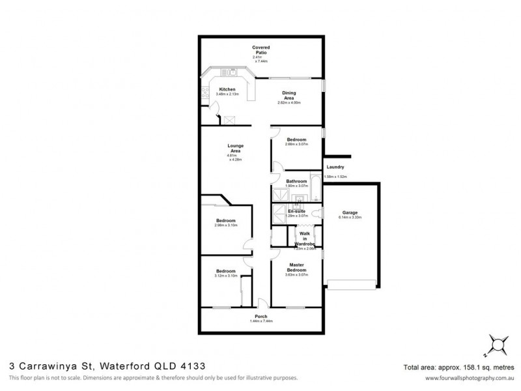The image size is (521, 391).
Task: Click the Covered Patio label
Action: point(261,50)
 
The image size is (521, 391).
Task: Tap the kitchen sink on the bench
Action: point(231,72)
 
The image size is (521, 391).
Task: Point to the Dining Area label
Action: point(289,95)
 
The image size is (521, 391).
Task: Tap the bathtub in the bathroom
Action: point(316,188)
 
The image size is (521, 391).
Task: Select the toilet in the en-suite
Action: point(316,214)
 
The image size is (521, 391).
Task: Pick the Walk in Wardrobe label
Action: point(305,239)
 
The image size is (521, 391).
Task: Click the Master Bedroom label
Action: point(296,268)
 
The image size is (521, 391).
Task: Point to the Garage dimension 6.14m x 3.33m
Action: point(349,217)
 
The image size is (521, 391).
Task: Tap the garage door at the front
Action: point(352,282)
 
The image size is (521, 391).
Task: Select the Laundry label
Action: point(335,167)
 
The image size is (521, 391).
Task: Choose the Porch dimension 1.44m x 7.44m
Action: point(260,321)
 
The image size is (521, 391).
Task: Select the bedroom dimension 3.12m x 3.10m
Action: point(225,276)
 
